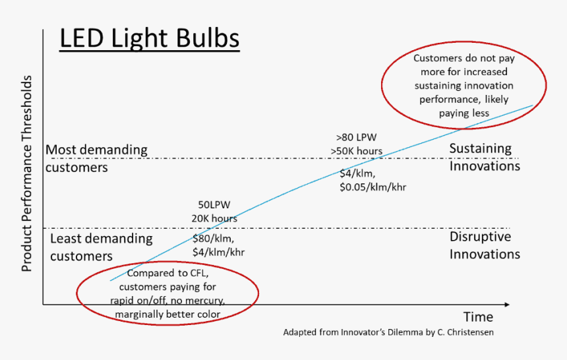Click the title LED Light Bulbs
(149, 39)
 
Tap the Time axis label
(477, 317)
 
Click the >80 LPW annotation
(356, 138)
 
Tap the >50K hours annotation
(356, 151)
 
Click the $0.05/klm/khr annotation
(373, 187)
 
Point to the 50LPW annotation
(214, 205)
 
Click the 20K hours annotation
(214, 218)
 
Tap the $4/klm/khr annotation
(220, 251)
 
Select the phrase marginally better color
(167, 314)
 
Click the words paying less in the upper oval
(463, 113)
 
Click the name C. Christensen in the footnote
(465, 332)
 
